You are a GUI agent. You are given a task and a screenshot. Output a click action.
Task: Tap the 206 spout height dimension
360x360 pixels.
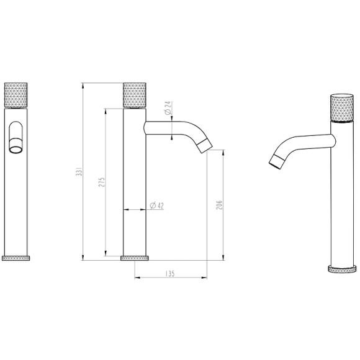click(219, 205)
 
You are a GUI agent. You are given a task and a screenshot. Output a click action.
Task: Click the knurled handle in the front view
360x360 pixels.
click(16, 95)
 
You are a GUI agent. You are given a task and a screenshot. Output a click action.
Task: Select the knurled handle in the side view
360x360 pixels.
click(135, 95)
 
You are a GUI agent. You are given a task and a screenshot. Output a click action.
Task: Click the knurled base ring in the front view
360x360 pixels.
click(16, 258)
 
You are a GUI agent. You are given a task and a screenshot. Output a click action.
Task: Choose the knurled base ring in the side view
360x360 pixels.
click(135, 258)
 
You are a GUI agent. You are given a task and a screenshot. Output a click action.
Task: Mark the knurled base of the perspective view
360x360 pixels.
click(341, 269)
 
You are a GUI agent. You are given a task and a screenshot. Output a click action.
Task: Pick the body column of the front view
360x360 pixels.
click(16, 199)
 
